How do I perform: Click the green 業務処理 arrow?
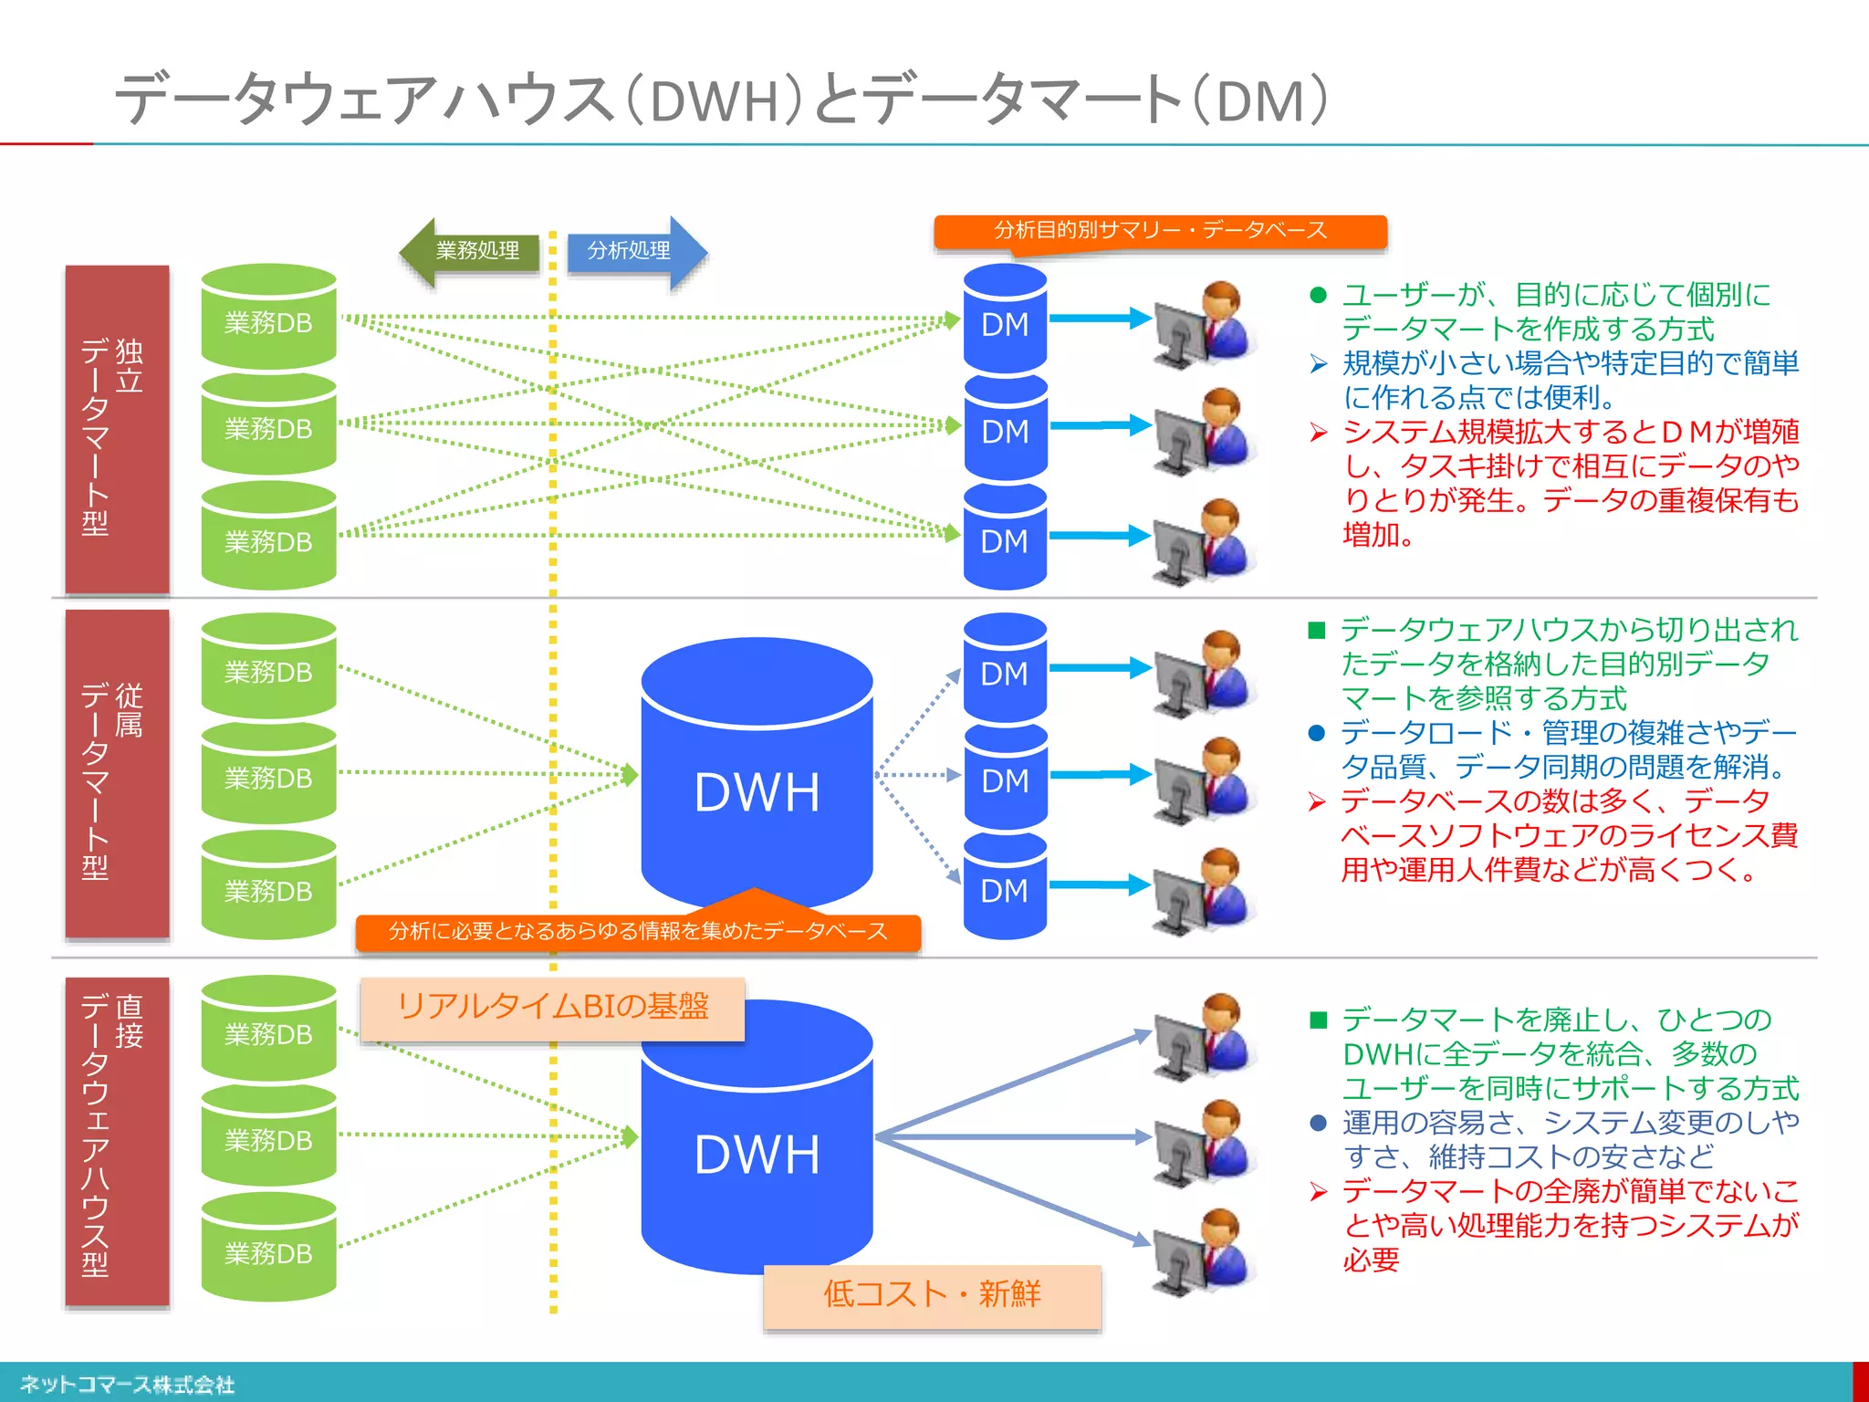pos(470,251)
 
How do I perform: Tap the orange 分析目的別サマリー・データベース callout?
pos(1160,231)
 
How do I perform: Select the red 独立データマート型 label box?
pos(117,429)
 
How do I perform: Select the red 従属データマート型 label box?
pos(117,774)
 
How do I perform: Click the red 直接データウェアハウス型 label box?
pos(117,1141)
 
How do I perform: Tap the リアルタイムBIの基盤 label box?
pos(552,1008)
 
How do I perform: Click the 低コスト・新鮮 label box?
pos(932,1295)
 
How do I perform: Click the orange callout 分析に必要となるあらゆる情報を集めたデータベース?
pos(638,932)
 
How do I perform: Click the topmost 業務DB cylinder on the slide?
pos(268,319)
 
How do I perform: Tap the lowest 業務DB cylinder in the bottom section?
pos(268,1250)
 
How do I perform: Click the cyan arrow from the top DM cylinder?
pos(1100,319)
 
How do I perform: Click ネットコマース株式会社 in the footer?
pos(127,1385)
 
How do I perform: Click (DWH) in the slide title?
pos(713,100)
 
